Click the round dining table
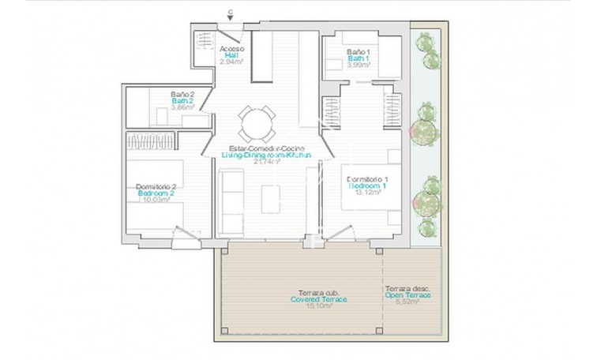[x=257, y=122]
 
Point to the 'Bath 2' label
[x=182, y=101]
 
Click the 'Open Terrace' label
[x=408, y=295]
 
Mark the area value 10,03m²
[x=155, y=200]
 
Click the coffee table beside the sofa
[x=271, y=197]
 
